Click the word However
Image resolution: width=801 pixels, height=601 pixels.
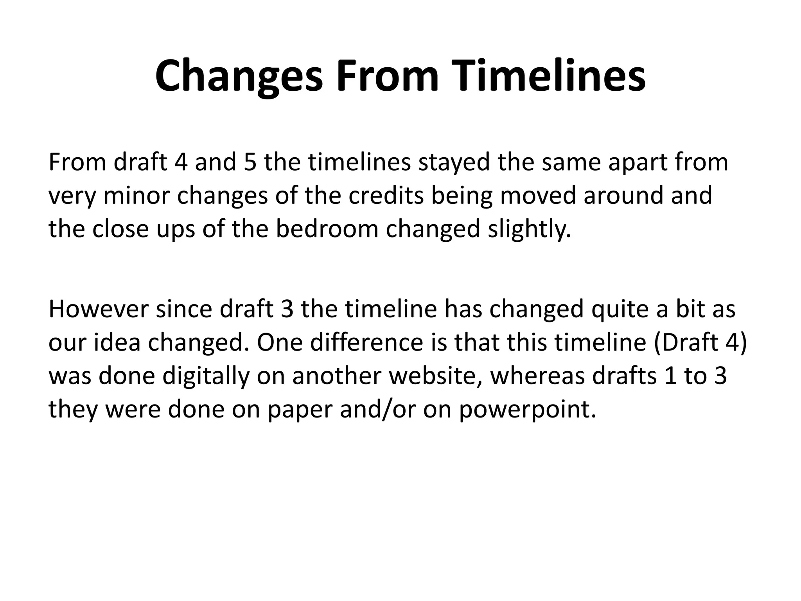coord(99,309)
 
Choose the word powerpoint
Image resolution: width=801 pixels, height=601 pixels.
coord(528,410)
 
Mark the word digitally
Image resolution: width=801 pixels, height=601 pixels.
coord(206,376)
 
